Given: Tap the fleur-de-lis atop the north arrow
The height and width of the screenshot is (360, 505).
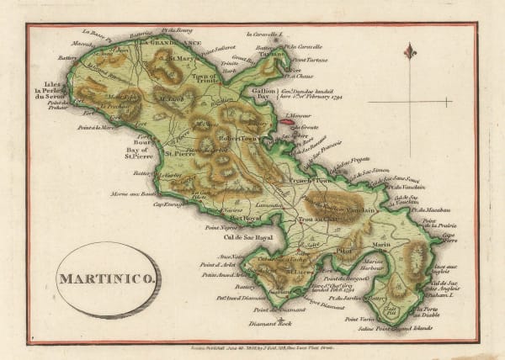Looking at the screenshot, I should [411, 51].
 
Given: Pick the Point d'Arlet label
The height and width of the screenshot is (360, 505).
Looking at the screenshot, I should [216, 265].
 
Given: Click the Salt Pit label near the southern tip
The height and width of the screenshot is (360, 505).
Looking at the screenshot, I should [390, 310].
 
